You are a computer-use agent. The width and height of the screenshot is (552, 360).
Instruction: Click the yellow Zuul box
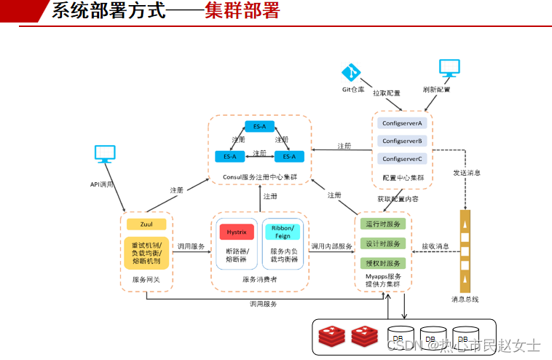click(146, 224)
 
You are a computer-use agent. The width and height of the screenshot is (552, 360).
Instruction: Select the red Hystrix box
click(236, 232)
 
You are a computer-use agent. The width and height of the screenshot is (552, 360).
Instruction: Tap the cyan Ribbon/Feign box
click(282, 232)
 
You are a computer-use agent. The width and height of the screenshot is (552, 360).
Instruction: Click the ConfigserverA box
click(402, 123)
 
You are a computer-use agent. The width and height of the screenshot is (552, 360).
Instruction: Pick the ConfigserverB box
click(402, 141)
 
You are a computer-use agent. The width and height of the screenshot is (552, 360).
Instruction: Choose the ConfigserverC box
click(402, 158)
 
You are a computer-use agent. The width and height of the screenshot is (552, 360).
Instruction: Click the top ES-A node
click(259, 126)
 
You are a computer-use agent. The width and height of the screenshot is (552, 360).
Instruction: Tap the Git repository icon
click(352, 73)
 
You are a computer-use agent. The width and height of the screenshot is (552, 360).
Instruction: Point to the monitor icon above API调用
click(105, 154)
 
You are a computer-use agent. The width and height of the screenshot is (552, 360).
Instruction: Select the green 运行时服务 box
click(383, 224)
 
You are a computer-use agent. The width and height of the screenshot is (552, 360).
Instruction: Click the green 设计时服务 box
click(383, 243)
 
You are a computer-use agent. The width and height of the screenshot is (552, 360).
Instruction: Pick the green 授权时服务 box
click(383, 263)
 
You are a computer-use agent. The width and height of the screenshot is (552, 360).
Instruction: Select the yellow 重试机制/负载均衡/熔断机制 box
click(146, 252)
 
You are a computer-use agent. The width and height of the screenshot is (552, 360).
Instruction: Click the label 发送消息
click(467, 173)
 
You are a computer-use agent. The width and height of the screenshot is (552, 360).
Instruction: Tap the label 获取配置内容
click(398, 198)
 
